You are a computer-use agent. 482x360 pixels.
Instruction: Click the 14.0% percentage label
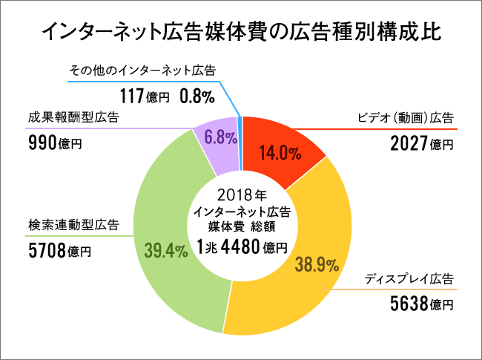point(280,154)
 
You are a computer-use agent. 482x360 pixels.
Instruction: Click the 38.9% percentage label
point(317,265)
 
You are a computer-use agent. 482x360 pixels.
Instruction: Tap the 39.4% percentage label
point(165,250)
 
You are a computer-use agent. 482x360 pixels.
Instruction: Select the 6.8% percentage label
point(220,137)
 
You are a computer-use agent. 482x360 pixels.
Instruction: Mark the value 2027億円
point(421,143)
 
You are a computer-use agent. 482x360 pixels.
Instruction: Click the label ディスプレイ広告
point(409,279)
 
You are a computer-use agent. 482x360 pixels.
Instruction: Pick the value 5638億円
point(421,303)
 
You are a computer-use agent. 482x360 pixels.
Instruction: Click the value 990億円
point(54,143)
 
